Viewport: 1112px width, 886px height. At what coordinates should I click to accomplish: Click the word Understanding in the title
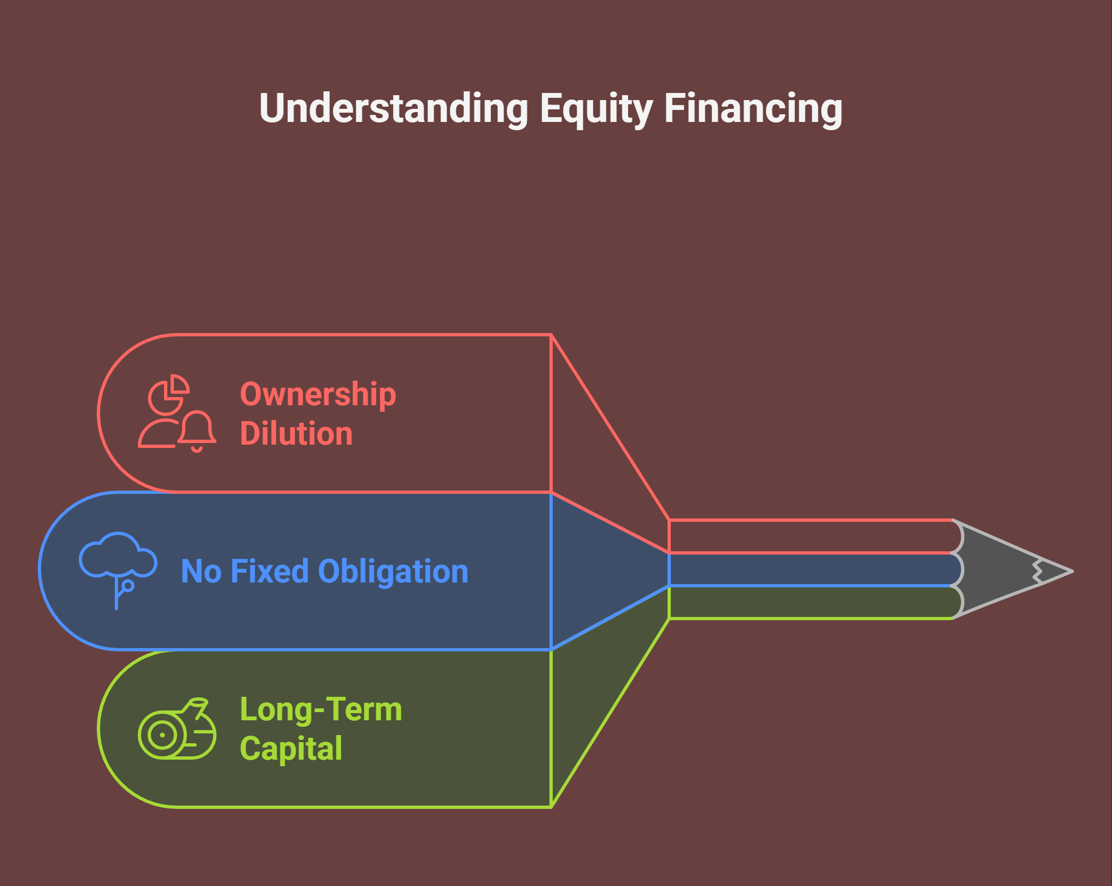tap(394, 108)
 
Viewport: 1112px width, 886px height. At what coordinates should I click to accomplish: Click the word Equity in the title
tap(596, 109)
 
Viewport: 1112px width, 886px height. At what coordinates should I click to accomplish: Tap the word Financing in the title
tap(753, 109)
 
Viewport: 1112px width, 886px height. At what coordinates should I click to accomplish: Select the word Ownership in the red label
tap(318, 395)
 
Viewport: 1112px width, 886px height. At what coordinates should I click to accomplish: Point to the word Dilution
tap(296, 433)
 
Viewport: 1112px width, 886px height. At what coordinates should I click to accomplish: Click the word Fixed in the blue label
tap(270, 571)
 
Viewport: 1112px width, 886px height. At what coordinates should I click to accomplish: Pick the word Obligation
tap(393, 572)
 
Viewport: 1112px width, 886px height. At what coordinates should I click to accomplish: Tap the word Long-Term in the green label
tap(321, 709)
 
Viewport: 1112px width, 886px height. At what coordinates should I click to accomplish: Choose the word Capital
tap(291, 749)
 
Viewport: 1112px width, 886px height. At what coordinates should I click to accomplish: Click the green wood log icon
tap(177, 728)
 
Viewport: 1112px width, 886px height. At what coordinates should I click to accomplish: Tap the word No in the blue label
tap(201, 572)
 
